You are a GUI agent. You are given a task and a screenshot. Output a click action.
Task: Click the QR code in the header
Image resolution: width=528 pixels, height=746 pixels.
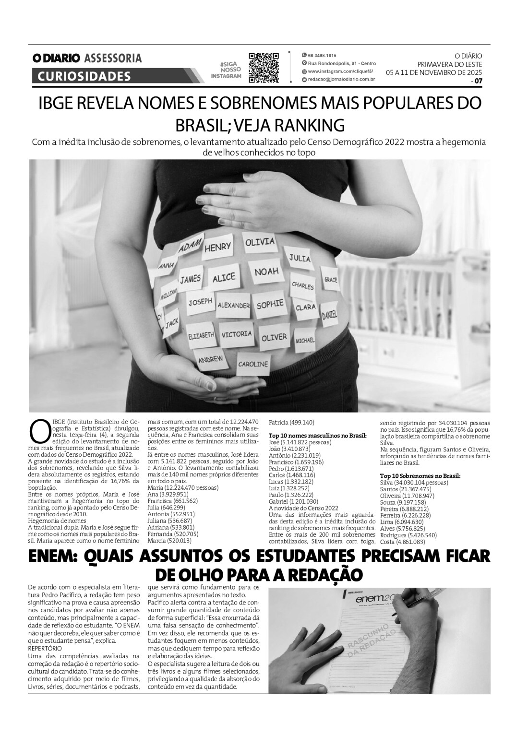point(264,67)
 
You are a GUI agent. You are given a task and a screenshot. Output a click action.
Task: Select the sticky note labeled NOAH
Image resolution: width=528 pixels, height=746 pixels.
point(266,273)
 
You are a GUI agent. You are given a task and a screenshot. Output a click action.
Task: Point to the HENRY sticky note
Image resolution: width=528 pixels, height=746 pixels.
point(217,248)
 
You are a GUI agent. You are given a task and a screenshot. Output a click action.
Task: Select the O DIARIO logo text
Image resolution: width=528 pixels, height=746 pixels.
point(56,59)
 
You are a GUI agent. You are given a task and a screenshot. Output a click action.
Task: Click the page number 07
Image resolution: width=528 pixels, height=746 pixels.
point(478,81)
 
